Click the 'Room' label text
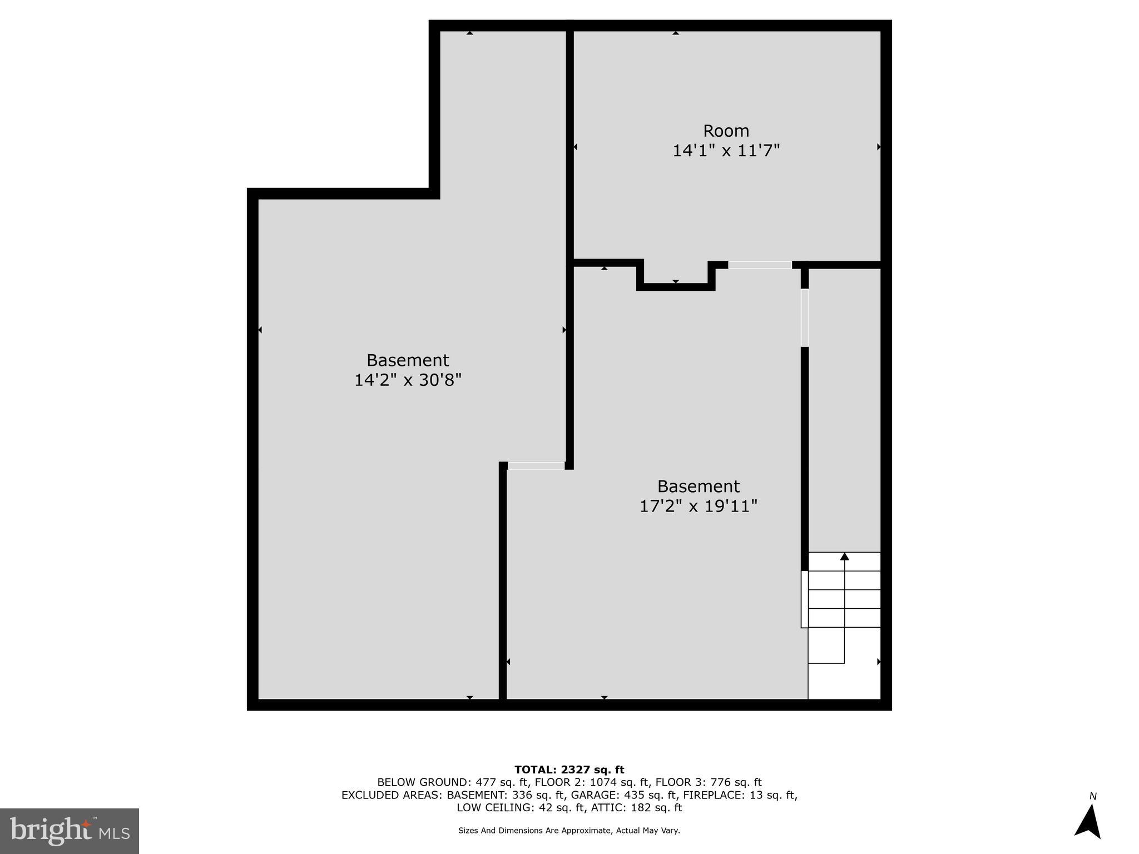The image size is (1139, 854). (726, 131)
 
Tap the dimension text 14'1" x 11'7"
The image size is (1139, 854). (726, 151)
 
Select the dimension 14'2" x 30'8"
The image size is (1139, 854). (408, 380)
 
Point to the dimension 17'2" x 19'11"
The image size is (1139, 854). (698, 507)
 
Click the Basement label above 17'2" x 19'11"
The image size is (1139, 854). (698, 486)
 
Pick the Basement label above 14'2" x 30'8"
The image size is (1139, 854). (408, 360)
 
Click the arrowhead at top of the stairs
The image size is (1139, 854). (844, 556)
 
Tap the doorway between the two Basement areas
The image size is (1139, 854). (536, 465)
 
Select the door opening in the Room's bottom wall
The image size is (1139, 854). (760, 265)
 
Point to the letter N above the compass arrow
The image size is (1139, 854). (1093, 796)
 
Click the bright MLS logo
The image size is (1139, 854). (70, 831)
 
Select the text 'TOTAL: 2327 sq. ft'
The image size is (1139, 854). (569, 770)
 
